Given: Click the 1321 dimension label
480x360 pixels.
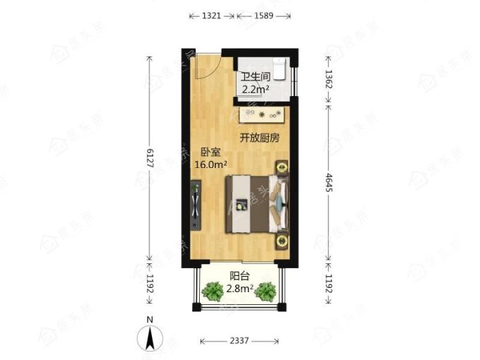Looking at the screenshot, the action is pos(211,16).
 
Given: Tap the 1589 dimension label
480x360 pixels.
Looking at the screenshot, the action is pos(263,16).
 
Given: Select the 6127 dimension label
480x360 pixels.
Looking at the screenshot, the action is pos(150,158).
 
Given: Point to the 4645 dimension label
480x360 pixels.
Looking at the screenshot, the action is pos(328,182).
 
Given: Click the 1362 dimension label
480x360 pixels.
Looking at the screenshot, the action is pos(328,79).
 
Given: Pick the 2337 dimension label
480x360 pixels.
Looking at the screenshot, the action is pos(239,341).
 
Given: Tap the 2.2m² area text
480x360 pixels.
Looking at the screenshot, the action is pos(256,90).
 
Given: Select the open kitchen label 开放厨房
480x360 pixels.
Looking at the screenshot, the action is pos(259,138).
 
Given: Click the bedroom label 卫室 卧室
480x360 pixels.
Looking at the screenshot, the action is pos(210,152).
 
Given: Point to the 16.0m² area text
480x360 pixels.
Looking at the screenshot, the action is pos(211,164).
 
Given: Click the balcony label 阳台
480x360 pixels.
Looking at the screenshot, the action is pos(240,276).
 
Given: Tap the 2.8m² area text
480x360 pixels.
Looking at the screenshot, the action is pos(240,289).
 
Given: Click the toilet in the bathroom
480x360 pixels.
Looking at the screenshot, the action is pos(280,68).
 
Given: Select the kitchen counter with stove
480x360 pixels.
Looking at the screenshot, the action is pos(263,115).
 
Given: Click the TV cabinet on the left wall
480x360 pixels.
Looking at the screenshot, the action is pos(196,205).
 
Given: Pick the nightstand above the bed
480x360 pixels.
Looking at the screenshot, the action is pos(282,167).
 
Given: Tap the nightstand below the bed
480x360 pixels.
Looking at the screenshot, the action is pos(282,241).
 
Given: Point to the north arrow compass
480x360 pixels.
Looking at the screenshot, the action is pos(150,338).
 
